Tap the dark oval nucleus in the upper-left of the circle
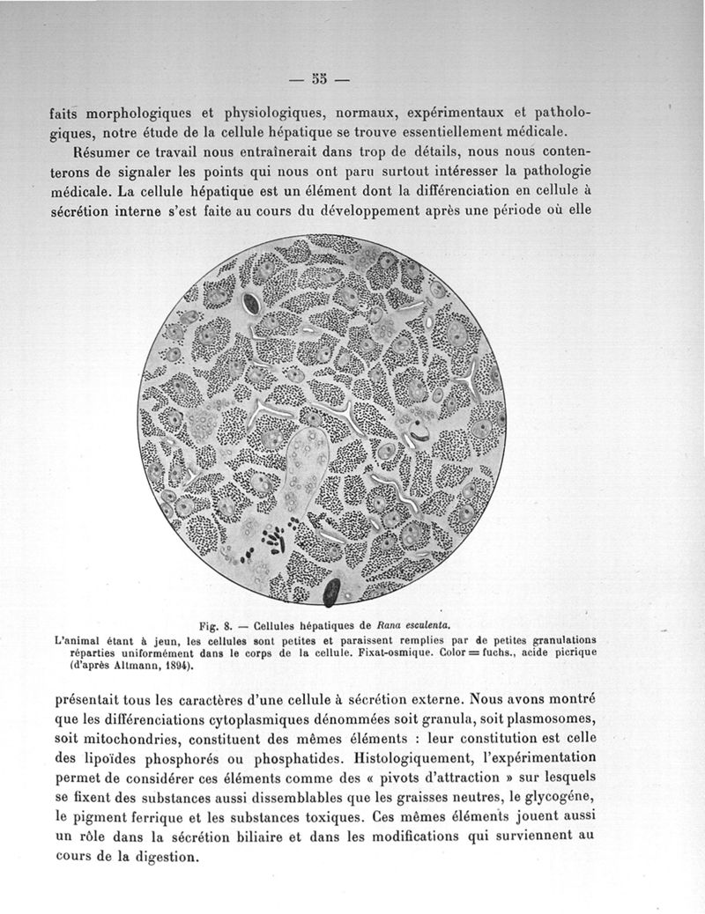tap(250, 305)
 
